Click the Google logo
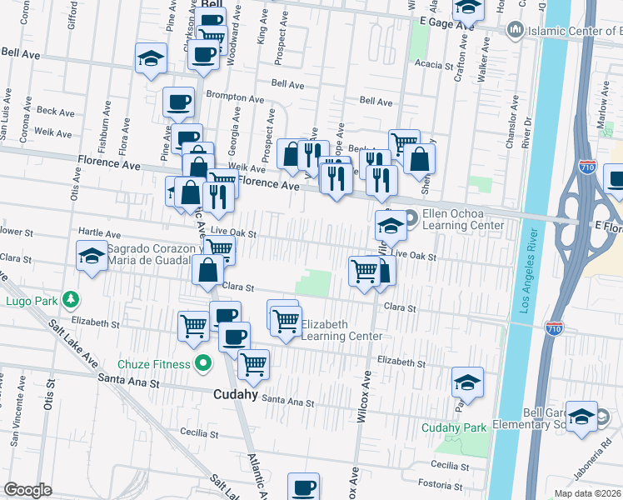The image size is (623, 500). click(x=27, y=490)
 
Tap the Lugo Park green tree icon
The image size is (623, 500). click(x=72, y=298)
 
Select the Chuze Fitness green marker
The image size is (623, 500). click(x=202, y=362)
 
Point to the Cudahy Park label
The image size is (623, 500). click(x=453, y=427)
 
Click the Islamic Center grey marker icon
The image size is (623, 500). click(x=514, y=30)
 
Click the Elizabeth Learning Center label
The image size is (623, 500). click(x=341, y=330)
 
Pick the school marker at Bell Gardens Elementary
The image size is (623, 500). click(x=582, y=416)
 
